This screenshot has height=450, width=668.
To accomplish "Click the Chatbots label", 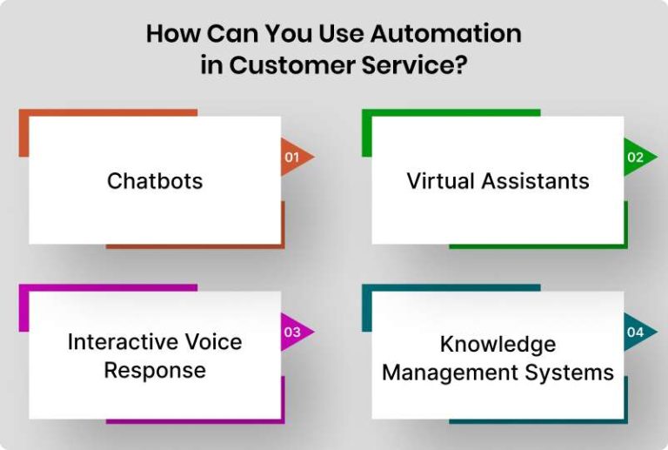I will point(155,181).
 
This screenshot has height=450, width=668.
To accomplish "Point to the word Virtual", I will point(440,181).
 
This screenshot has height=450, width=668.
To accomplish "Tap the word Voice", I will point(210,341).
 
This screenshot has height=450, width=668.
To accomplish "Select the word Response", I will point(155,370).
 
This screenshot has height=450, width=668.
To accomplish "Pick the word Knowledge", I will point(498,344).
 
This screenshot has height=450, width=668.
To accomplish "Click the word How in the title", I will point(167,34).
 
